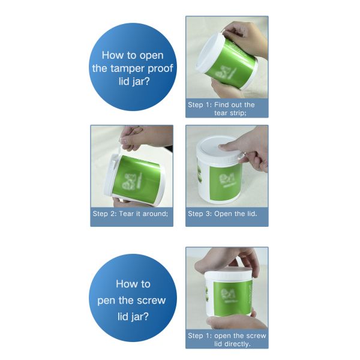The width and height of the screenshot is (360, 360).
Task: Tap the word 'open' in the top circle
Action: click(x=149, y=56)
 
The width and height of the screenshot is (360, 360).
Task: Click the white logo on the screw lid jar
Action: click(x=227, y=294)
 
